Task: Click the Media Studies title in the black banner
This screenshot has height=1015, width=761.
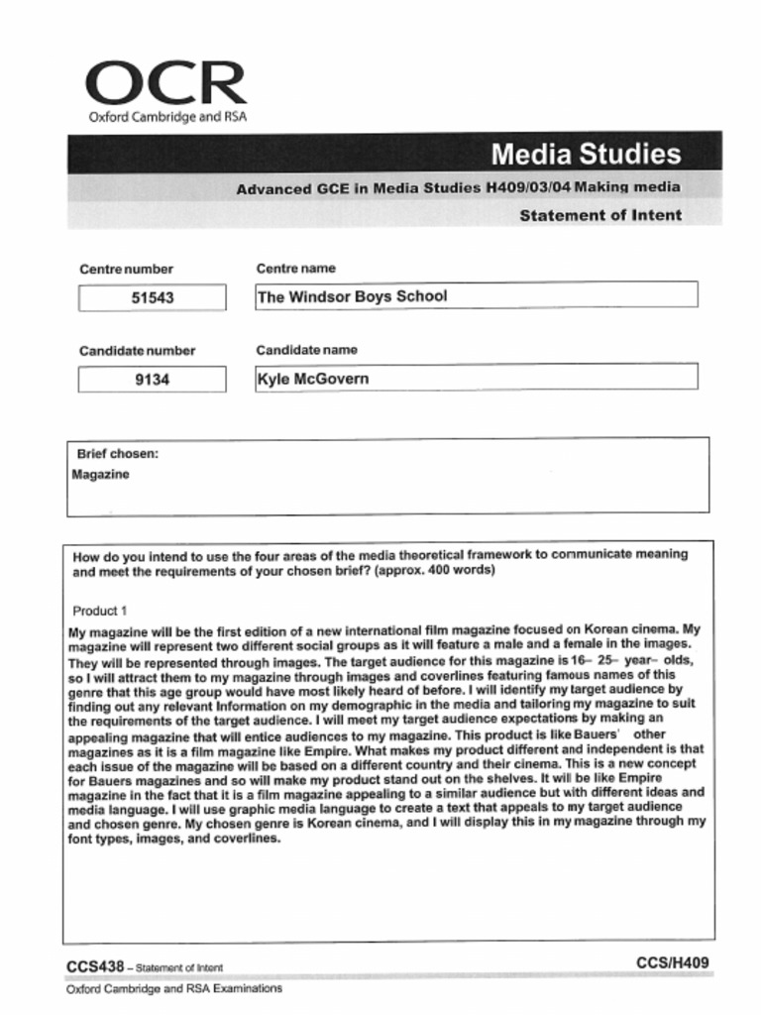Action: tap(586, 154)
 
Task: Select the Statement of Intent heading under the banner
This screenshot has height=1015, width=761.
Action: tap(600, 215)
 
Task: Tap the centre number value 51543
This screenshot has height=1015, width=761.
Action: tap(153, 297)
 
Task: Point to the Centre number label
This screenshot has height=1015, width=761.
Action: tap(126, 269)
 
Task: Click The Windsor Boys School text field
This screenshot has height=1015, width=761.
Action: tap(476, 295)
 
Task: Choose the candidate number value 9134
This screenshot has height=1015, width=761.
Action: tap(153, 379)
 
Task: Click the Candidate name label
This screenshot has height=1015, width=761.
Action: tap(307, 350)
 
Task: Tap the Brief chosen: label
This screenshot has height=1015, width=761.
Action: tap(118, 454)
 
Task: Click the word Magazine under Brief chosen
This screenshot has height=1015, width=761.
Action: tap(100, 475)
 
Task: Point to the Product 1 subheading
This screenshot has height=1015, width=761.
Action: tap(100, 611)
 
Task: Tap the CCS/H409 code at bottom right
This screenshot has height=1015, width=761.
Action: tap(673, 962)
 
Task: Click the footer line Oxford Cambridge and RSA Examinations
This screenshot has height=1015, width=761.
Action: tap(174, 988)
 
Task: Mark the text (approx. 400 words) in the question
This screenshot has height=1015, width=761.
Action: tap(435, 572)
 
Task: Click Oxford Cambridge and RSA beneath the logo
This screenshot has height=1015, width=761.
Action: tap(167, 117)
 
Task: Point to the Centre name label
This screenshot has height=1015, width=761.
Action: tap(295, 268)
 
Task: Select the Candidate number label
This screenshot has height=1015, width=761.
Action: tap(137, 351)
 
